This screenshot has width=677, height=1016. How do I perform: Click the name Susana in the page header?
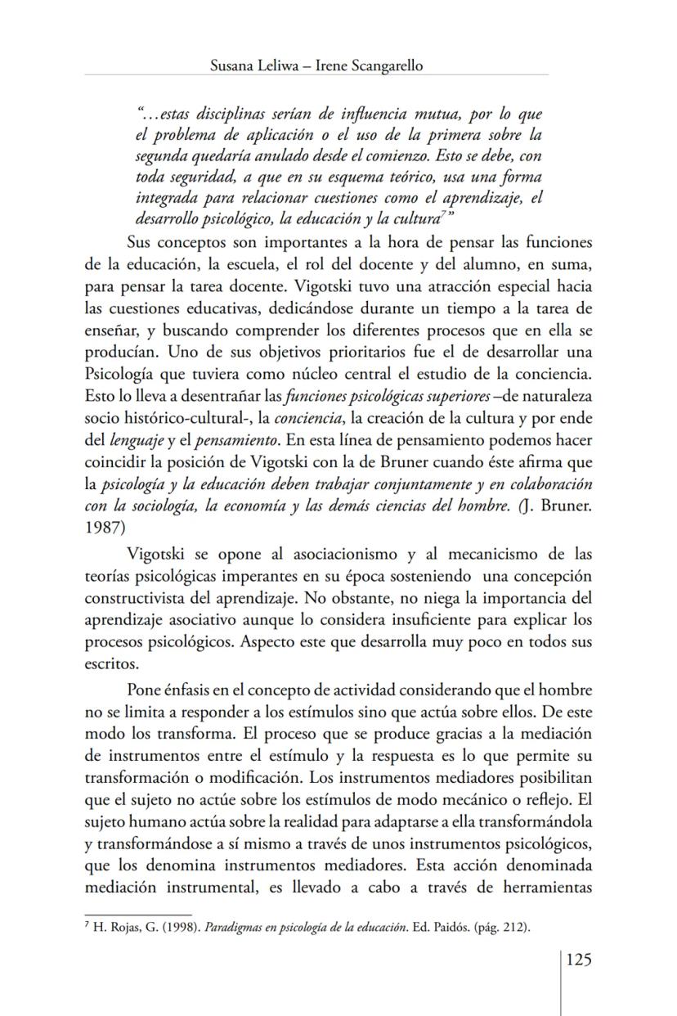tap(233, 65)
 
